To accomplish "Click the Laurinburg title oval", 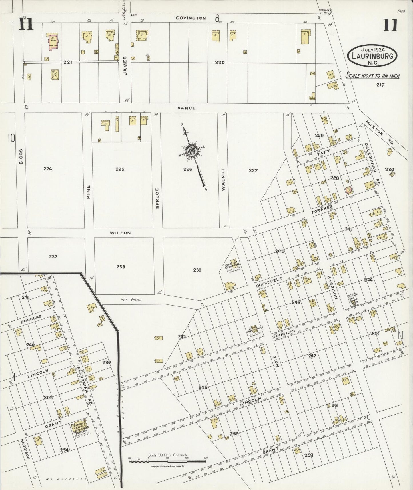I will click(372, 55).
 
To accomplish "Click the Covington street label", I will click(191, 18).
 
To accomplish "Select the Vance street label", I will click(187, 108).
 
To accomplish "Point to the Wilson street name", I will click(120, 233).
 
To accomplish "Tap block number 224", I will click(48, 169).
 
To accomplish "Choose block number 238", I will click(121, 267).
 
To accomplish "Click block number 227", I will click(253, 170).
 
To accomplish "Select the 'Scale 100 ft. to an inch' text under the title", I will click(372, 76).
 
